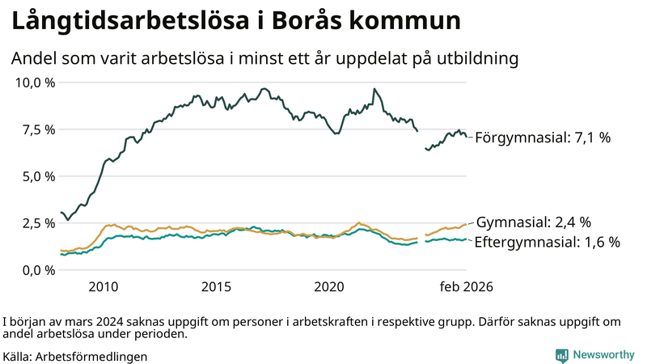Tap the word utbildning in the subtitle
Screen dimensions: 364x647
(476, 58)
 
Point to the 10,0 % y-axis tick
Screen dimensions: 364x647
(36, 83)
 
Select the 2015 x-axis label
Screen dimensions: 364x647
(217, 287)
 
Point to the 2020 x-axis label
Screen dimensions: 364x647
(329, 287)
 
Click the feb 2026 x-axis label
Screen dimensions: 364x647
(466, 287)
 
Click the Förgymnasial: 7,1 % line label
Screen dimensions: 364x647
(543, 138)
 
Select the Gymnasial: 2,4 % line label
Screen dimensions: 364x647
(534, 222)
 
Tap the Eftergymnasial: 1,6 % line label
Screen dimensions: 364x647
(547, 242)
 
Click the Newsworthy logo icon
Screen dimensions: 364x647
(561, 355)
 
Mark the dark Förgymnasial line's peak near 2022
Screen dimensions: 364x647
(374, 89)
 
